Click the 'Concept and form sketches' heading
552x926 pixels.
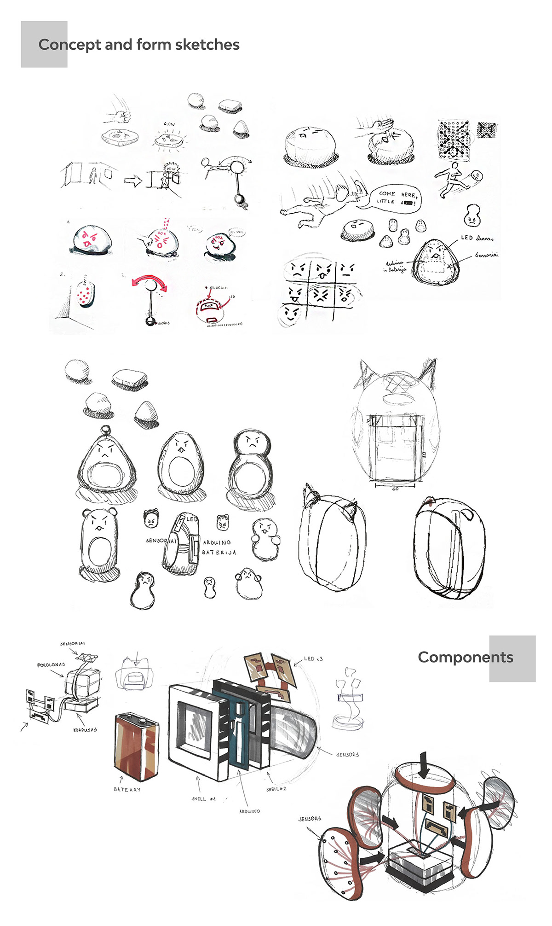139,45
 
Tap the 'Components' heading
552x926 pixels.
465,657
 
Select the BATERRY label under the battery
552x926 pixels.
127,789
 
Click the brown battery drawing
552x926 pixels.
137,746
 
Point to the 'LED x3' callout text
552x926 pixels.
313,659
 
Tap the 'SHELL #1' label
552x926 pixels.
203,799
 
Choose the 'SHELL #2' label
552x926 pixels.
276,789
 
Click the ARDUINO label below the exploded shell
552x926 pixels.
249,811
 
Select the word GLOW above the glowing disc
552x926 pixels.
169,124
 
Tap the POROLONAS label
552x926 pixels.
51,665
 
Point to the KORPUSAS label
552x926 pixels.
85,730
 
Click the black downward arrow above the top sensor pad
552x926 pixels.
424,764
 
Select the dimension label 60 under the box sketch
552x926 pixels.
395,489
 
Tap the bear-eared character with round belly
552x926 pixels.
99,543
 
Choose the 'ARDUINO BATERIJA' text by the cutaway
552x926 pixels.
219,547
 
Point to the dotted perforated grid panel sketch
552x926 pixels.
454,140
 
